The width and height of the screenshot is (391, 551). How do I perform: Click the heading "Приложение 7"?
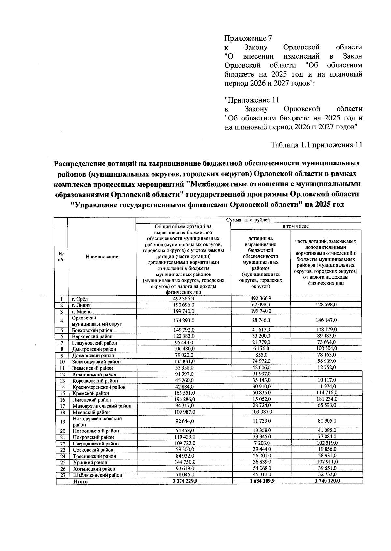coord(248,38)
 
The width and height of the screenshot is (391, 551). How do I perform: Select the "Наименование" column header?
coord(102,257)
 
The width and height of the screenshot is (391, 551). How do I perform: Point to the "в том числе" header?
coord(296,226)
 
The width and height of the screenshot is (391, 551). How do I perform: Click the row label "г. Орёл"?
coord(80,299)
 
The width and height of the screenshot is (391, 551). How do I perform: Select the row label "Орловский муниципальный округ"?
coord(96,321)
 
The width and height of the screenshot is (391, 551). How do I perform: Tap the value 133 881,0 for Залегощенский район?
coord(184,361)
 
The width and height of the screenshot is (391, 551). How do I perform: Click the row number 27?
coord(63,475)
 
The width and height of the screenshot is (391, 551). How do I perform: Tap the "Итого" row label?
coord(80,481)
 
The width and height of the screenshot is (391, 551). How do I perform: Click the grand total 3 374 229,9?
coord(184,481)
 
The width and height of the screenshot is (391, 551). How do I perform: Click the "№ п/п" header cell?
coord(61,257)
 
